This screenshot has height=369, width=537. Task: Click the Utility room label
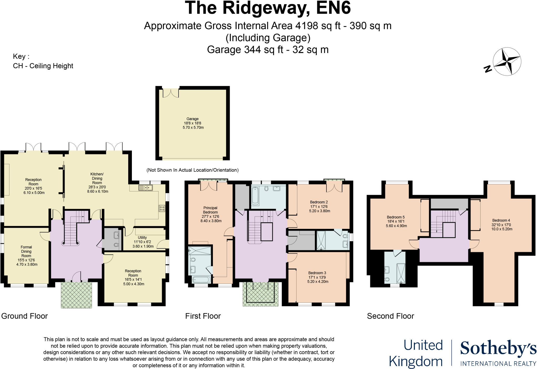pos(143,242)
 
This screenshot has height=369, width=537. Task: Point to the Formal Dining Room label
pos(26,256)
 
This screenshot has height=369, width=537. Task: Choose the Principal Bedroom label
pos(210,214)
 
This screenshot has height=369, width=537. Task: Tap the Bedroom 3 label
pos(318,277)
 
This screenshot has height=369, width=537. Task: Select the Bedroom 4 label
pos(501,225)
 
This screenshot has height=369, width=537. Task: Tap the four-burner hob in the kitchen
pos(162,208)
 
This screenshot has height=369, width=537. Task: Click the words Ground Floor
pos(24,316)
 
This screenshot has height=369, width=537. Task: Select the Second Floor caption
pos(390,316)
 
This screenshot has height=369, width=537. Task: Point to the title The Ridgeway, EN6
pos(268,8)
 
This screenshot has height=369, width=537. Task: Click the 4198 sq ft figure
pos(318,26)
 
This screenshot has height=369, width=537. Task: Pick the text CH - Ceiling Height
pos(43,66)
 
